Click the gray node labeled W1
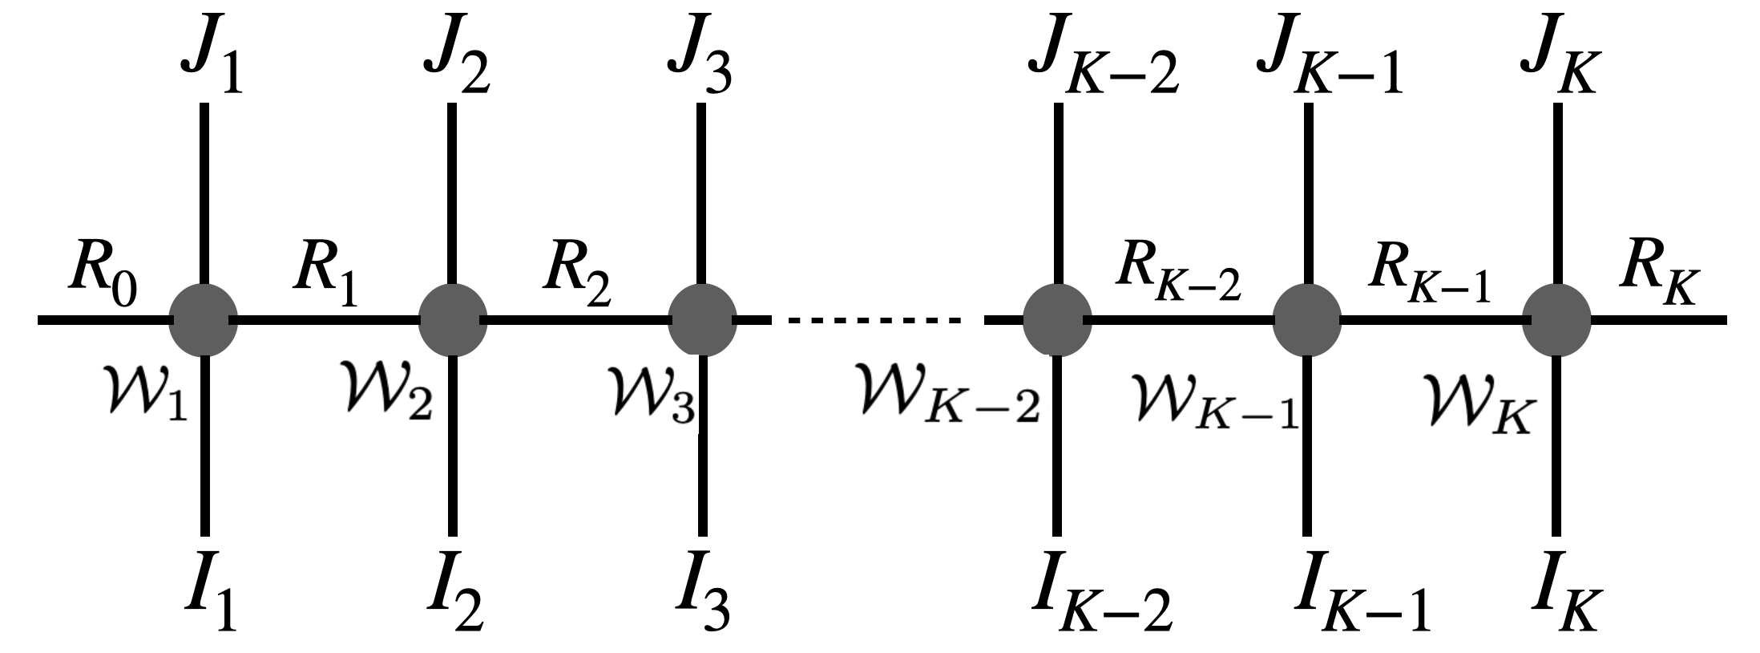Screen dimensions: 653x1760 point(204,321)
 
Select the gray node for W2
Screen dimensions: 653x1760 point(453,321)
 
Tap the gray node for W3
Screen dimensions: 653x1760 point(702,321)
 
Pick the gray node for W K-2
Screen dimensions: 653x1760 point(1057,321)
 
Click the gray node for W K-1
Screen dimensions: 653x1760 point(1307,321)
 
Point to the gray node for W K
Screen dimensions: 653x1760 point(1557,321)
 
